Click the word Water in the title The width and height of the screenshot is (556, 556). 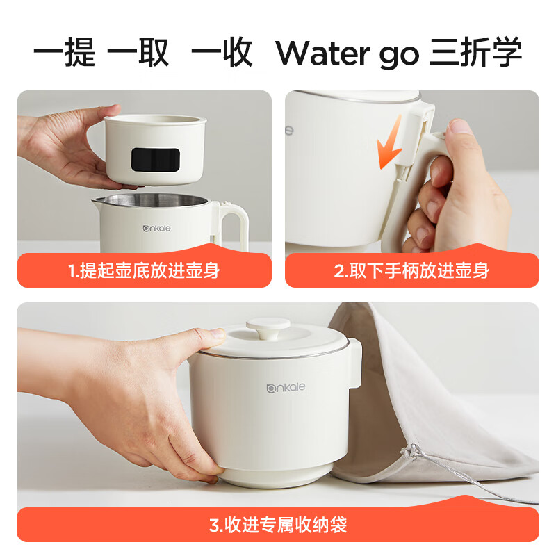pyautogui.click(x=321, y=53)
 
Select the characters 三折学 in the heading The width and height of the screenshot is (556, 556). pyautogui.click(x=475, y=53)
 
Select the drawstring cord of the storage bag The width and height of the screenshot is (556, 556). pyautogui.click(x=473, y=480)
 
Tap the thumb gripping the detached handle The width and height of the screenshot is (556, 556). pyautogui.click(x=459, y=140)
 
